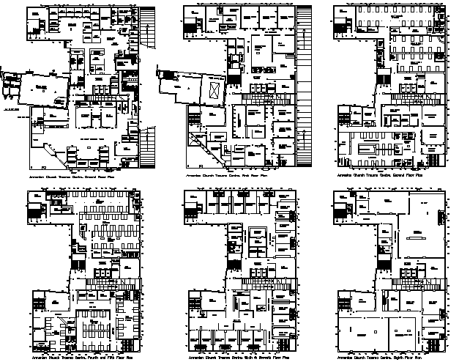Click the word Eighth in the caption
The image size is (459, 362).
tap(398, 357)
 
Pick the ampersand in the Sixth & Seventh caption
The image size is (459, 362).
tap(253, 357)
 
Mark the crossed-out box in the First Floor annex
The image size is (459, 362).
tap(214, 90)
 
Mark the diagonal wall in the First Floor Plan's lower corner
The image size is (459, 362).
tap(202, 144)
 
